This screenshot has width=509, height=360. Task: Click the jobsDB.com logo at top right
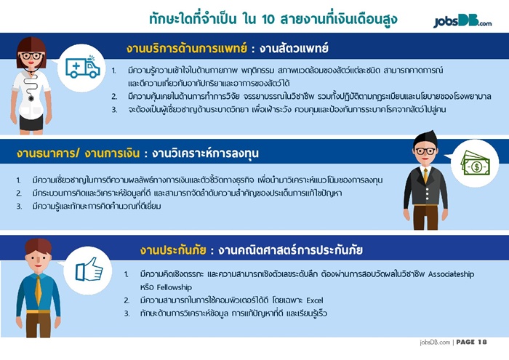(x=462, y=21)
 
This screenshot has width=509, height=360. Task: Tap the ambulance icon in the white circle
(x=83, y=68)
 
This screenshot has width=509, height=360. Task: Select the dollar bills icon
(x=476, y=164)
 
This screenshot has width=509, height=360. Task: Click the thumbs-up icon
(x=89, y=269)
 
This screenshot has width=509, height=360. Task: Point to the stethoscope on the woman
(x=31, y=85)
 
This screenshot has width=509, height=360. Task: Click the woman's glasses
(x=31, y=56)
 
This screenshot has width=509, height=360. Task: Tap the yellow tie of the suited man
(x=425, y=175)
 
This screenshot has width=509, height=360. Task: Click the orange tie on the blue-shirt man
(x=39, y=291)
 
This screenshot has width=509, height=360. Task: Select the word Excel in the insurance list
(x=315, y=300)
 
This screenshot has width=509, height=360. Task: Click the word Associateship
(x=451, y=274)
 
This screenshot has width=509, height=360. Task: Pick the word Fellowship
(x=174, y=287)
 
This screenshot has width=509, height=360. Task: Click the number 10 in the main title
(x=268, y=20)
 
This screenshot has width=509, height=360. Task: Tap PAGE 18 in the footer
(x=471, y=342)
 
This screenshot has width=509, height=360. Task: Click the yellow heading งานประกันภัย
(x=173, y=250)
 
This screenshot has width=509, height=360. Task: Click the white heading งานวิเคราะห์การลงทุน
(x=205, y=153)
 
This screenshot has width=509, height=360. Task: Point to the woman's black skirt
(x=31, y=122)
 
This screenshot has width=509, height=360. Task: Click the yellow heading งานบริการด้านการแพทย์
(x=187, y=49)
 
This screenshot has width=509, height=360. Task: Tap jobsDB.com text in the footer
(x=435, y=342)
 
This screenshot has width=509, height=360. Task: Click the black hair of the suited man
(x=425, y=139)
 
